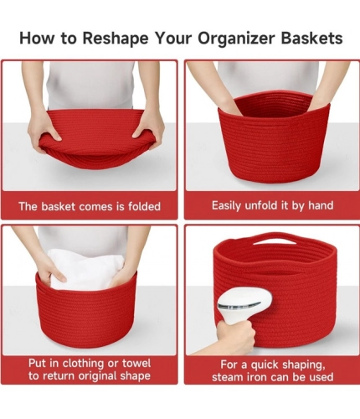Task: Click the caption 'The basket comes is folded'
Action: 90,205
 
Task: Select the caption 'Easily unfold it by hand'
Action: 272,205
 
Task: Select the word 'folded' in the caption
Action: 142,205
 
